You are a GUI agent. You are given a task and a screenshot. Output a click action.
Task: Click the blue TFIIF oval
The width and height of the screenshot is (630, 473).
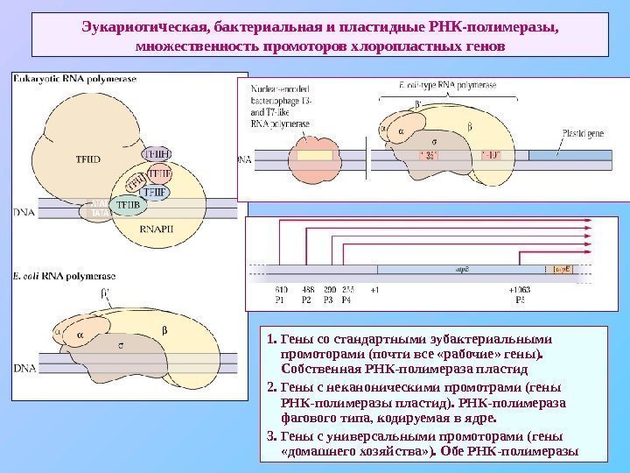pyautogui.click(x=157, y=190)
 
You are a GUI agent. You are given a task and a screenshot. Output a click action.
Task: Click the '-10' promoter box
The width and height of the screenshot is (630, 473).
pyautogui.click(x=491, y=157)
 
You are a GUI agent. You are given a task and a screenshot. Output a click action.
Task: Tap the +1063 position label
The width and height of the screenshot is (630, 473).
pyautogui.click(x=519, y=289)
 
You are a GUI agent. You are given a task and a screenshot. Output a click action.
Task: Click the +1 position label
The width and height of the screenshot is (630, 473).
pyautogui.click(x=374, y=289)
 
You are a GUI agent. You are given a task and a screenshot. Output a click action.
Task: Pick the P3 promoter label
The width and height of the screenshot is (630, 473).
pyautogui.click(x=329, y=299)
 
